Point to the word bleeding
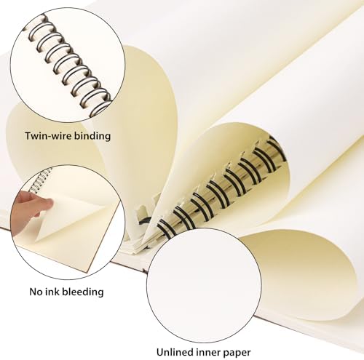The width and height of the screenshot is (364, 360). (83, 292)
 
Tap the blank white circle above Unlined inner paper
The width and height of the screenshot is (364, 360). (205, 286)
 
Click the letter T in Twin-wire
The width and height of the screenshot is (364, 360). (28, 136)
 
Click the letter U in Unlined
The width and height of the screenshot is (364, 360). (160, 352)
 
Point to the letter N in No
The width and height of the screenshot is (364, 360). (33, 292)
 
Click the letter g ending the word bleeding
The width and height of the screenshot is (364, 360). (100, 294)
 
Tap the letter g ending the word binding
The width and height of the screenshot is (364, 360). (108, 138)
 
